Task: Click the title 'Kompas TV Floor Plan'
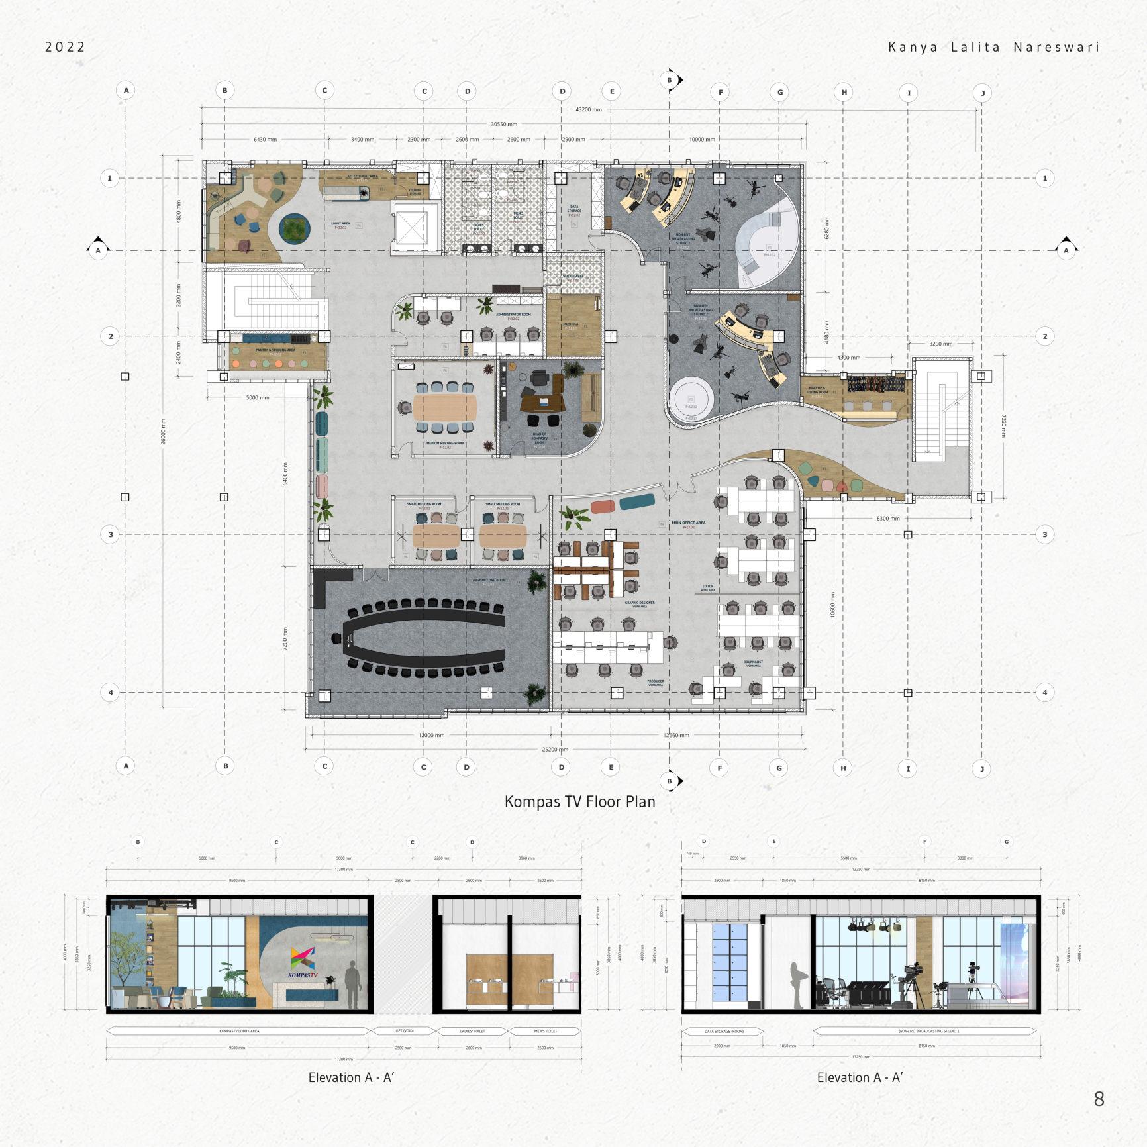tap(579, 801)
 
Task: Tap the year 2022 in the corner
tap(66, 47)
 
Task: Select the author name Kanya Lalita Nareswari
tap(993, 47)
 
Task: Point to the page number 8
tap(1099, 1099)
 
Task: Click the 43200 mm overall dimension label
tap(588, 109)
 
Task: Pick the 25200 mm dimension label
tap(555, 750)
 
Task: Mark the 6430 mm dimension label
tap(265, 140)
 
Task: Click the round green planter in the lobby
tap(294, 228)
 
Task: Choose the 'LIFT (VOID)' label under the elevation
tap(403, 1031)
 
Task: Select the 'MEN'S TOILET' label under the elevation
tap(546, 1031)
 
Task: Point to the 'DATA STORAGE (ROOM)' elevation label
tap(722, 1031)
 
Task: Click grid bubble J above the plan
tap(983, 93)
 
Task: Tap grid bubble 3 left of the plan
tap(111, 534)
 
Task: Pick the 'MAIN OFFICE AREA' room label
tap(688, 523)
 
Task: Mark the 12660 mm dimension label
tap(676, 735)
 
